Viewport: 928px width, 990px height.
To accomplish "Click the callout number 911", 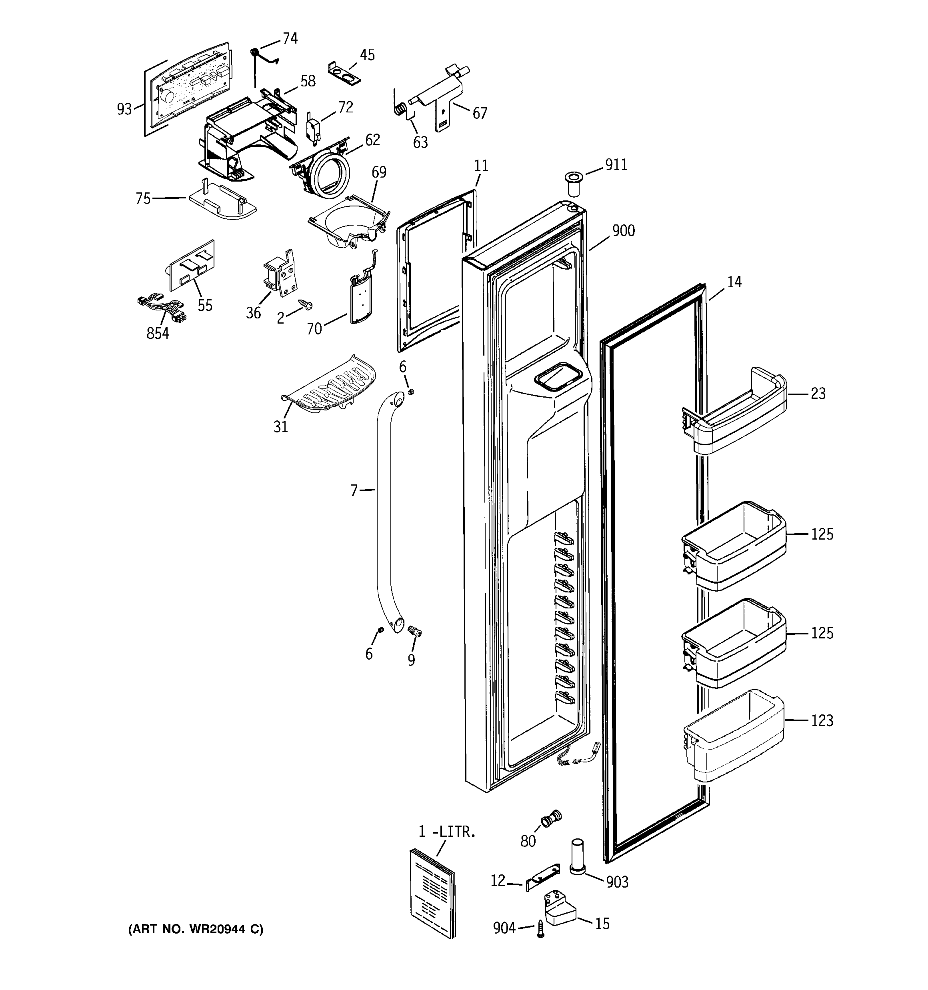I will coord(616,165).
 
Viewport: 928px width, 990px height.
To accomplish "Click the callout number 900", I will coord(623,230).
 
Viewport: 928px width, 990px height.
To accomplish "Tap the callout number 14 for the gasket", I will coord(734,282).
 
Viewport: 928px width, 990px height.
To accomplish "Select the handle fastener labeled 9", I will coord(414,632).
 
